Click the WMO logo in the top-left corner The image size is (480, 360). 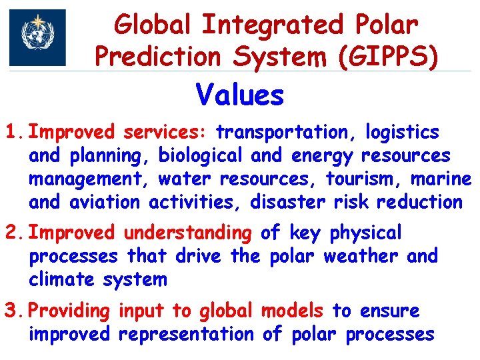coord(37,37)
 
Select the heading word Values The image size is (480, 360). coord(240,95)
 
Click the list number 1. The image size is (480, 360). coord(13,133)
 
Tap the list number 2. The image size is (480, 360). coord(13,233)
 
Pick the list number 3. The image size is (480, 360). coord(13,311)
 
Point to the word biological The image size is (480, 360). coord(201,156)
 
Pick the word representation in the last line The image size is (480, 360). coord(186,334)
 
